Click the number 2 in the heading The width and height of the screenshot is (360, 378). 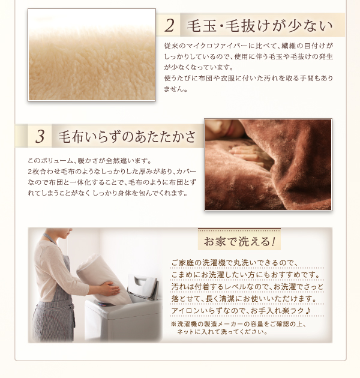[169, 25]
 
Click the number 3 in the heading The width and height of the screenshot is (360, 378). [40, 136]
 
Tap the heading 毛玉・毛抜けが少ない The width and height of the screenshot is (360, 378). [259, 26]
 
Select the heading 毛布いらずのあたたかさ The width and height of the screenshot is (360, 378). [127, 136]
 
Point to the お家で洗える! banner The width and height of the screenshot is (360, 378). [239, 241]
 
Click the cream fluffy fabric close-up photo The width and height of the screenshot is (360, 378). [92, 55]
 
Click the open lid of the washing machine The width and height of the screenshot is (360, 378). [143, 287]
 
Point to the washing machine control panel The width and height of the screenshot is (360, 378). [104, 304]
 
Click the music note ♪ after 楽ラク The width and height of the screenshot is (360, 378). [308, 311]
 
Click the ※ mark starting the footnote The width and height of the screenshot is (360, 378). [173, 324]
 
